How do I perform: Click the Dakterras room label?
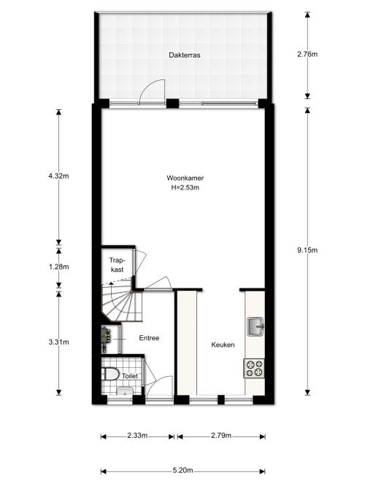click(x=184, y=55)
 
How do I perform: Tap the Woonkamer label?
click(x=185, y=178)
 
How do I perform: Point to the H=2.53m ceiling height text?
click(x=185, y=187)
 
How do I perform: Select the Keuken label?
click(x=223, y=345)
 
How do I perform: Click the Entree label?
click(x=149, y=338)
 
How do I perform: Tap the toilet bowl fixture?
click(x=110, y=374)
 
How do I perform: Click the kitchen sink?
click(x=255, y=326)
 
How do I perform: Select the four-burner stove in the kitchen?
click(x=254, y=368)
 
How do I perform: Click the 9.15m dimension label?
click(x=307, y=250)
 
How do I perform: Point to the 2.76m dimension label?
click(x=307, y=54)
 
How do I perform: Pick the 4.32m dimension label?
click(x=58, y=176)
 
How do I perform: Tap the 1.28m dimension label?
click(x=58, y=267)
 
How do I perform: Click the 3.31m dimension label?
click(x=58, y=342)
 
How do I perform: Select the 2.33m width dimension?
click(x=137, y=436)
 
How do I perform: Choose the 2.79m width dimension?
click(x=221, y=436)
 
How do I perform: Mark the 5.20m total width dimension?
click(x=182, y=471)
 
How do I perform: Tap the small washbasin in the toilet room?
click(x=125, y=391)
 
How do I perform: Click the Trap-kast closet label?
click(x=117, y=265)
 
